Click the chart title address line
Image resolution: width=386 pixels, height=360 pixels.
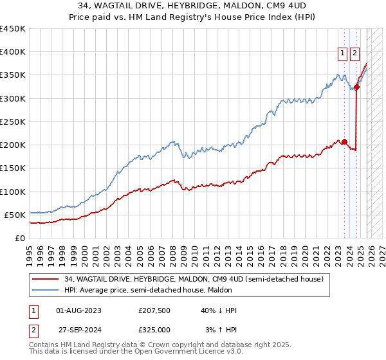[192, 6]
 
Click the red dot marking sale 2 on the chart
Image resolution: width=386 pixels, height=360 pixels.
[356, 87]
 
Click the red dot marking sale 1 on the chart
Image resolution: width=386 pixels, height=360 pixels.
[344, 141]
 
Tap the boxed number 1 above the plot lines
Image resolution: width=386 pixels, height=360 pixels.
[342, 54]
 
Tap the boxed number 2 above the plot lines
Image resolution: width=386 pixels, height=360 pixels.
[354, 54]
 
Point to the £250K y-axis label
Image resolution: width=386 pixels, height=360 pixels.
[13, 122]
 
